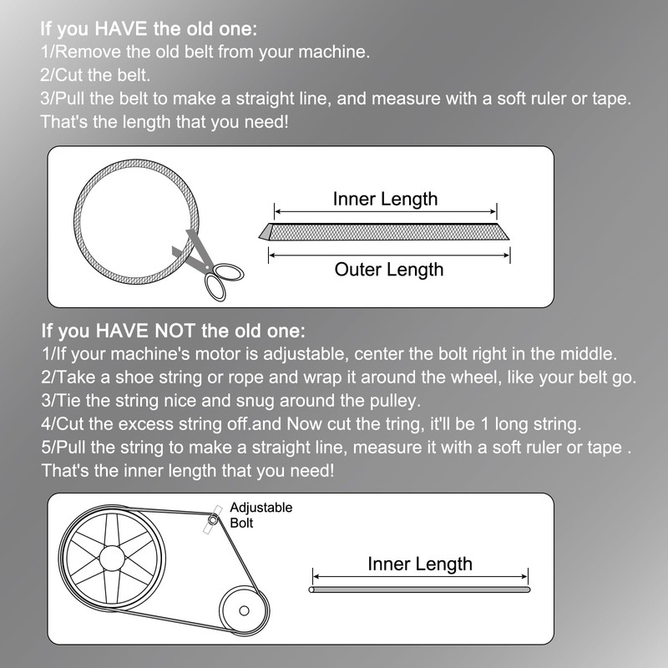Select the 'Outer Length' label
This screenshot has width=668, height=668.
pyautogui.click(x=389, y=269)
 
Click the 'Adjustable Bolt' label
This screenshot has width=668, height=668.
pyautogui.click(x=261, y=515)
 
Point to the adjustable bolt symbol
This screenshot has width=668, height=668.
pyautogui.click(x=214, y=519)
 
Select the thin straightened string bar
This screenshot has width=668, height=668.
pyautogui.click(x=420, y=590)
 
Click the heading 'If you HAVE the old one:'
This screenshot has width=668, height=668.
pyautogui.click(x=149, y=28)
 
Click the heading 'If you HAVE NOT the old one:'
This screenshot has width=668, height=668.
pyautogui.click(x=173, y=329)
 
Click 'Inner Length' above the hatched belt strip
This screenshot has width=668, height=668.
pyautogui.click(x=385, y=199)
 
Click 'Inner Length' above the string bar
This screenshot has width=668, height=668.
pyautogui.click(x=420, y=564)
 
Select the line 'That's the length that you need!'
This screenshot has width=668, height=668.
pyautogui.click(x=165, y=122)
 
